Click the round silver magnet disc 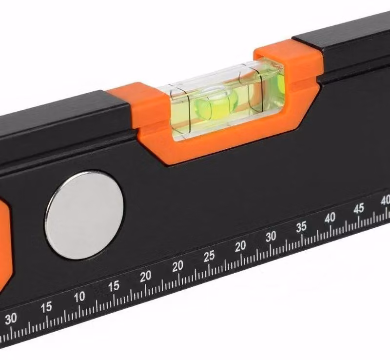(x=84, y=215)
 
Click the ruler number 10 (x=79, y=297)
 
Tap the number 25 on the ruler (x=209, y=256)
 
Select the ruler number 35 (x=301, y=227)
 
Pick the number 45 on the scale (x=359, y=208)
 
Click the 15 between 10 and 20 (x=114, y=286)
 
